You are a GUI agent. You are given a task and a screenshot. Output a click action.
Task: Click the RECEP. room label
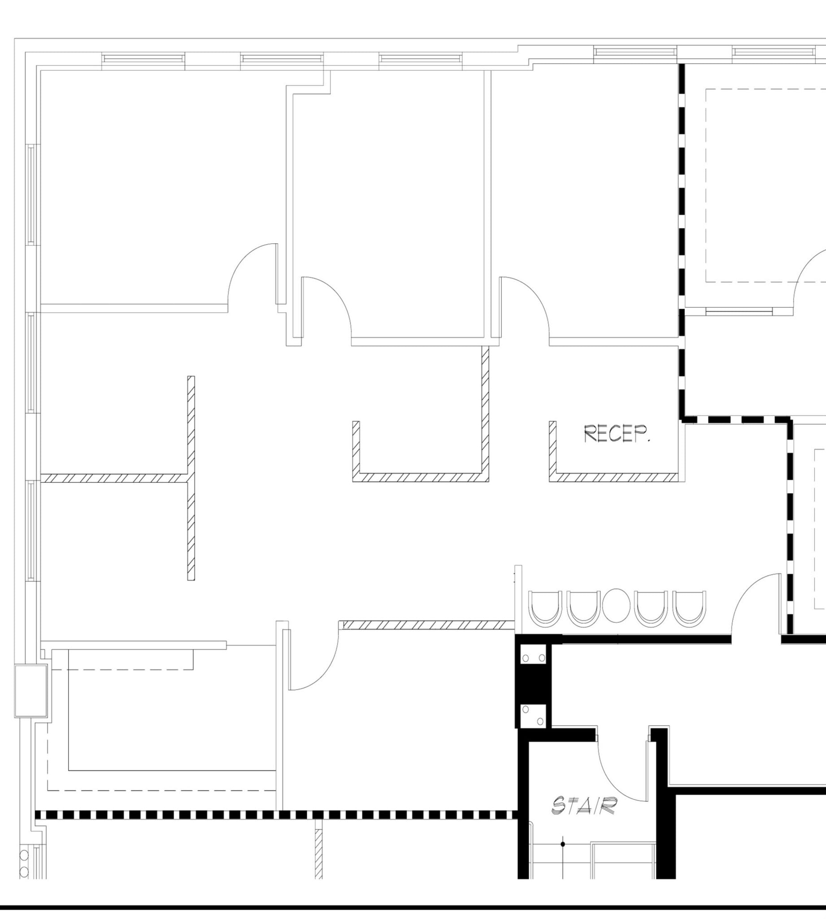616,434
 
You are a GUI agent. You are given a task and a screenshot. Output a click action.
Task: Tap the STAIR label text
584,805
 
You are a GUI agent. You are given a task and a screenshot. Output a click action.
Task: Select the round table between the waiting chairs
616,605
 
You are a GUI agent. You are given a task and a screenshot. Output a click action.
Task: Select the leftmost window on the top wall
143,59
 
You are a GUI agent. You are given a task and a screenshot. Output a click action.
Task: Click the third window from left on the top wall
420,59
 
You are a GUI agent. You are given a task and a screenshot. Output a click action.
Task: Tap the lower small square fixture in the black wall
534,715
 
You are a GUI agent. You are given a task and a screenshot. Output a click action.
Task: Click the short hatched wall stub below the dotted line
318,853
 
